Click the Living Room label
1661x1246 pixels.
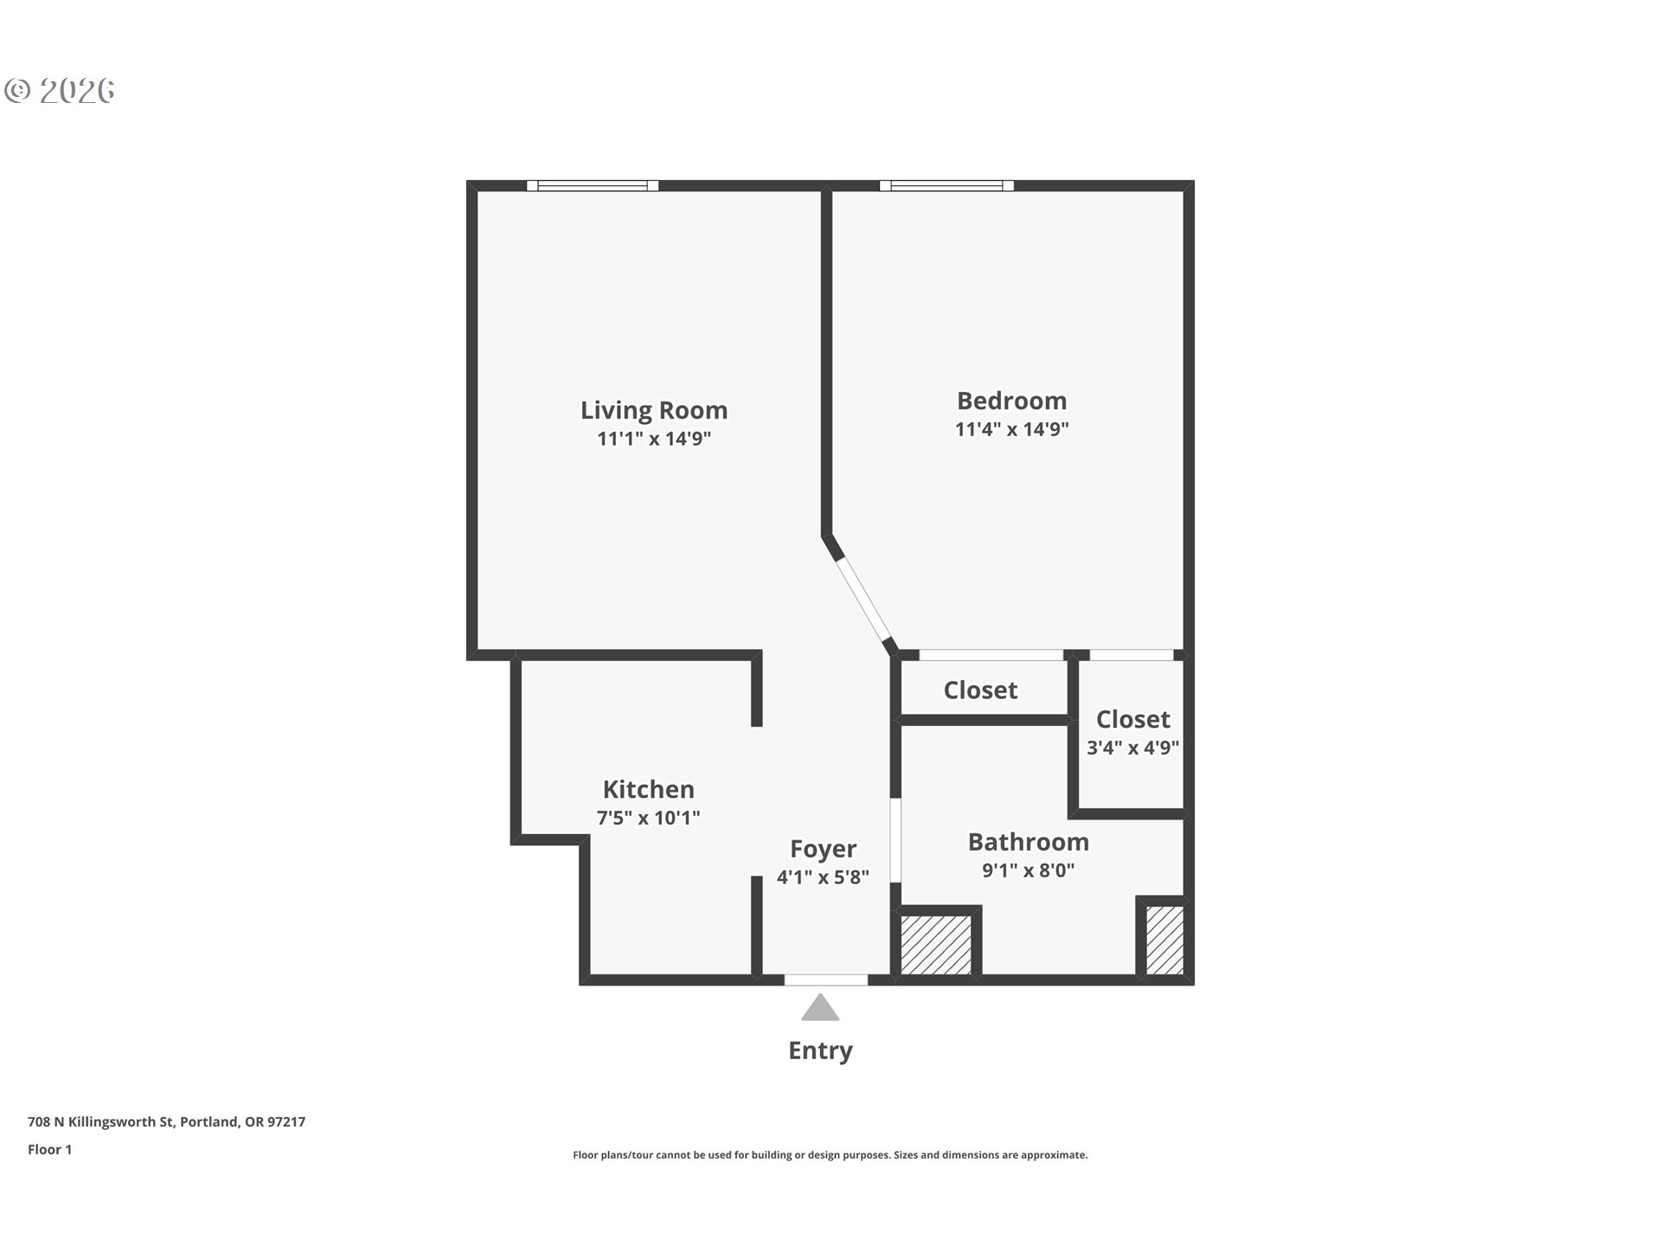click(653, 410)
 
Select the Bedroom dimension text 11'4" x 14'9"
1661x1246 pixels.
click(1011, 429)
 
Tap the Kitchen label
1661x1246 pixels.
click(648, 789)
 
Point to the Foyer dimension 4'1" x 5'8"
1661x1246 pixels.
click(822, 877)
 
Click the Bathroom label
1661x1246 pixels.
click(1028, 842)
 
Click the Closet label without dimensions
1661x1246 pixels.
click(980, 690)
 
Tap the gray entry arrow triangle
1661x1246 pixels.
click(820, 1008)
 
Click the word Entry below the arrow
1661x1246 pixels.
click(820, 1050)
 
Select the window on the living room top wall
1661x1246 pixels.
click(593, 185)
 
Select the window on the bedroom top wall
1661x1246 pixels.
click(946, 185)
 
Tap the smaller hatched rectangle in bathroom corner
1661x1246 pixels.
click(1164, 940)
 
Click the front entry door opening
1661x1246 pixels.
click(825, 979)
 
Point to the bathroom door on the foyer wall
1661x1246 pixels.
click(895, 839)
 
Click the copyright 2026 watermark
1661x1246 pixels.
click(60, 90)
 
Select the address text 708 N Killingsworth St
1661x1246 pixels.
click(166, 1122)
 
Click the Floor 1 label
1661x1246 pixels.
click(49, 1150)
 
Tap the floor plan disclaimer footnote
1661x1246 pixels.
click(830, 1155)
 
